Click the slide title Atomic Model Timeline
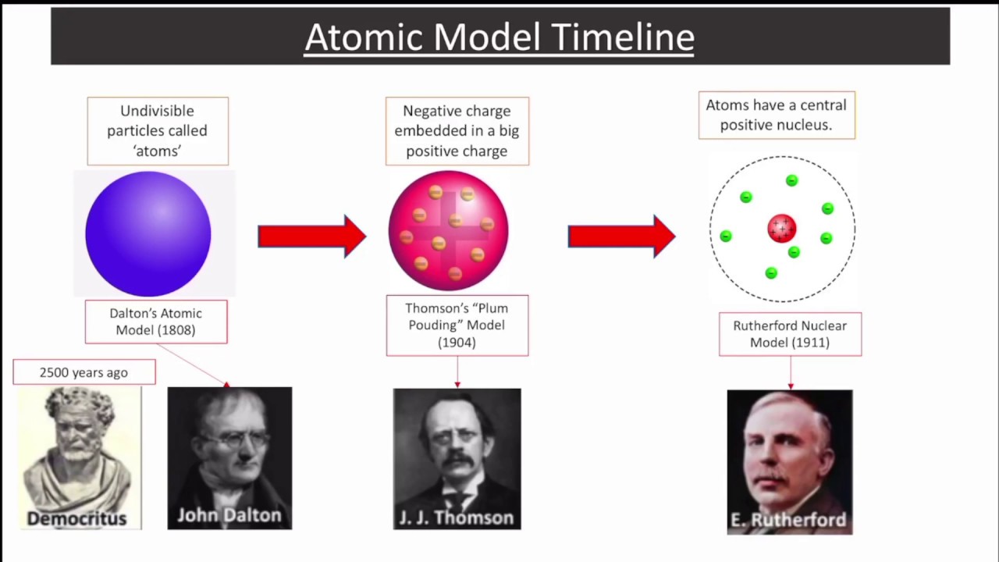[499, 37]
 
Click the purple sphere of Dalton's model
[148, 233]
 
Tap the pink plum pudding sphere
[449, 231]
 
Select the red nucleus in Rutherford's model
[781, 229]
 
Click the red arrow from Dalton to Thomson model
[311, 236]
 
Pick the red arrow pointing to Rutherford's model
[621, 236]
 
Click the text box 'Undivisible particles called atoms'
[158, 131]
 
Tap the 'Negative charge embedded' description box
[457, 131]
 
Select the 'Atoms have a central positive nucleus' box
[777, 115]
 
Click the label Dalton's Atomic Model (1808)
[156, 322]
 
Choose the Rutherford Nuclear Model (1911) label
[790, 334]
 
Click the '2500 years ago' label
[84, 372]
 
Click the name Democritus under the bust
[76, 518]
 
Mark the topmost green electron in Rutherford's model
[791, 180]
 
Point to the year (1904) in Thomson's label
[457, 342]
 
